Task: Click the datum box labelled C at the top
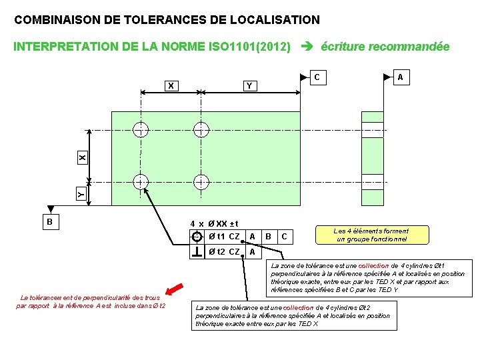coord(317,77)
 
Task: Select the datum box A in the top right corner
coord(401,77)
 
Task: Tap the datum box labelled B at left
coord(49,221)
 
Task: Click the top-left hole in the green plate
coord(141,129)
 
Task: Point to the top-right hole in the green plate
coord(199,129)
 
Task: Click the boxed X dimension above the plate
coord(171,85)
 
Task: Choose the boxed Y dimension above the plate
coord(248,85)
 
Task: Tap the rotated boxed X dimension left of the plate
coord(81,158)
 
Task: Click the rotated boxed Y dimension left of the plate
coord(81,194)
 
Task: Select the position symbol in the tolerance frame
coord(197,237)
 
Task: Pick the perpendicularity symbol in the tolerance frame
coord(197,251)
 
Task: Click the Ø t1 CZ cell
coord(225,237)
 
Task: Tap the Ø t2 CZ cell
coord(225,251)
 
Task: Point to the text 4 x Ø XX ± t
coord(214,223)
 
